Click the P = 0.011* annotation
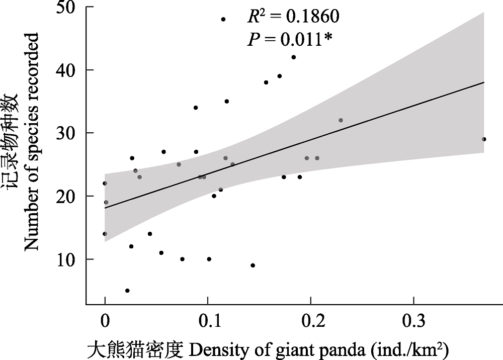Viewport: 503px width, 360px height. (289, 40)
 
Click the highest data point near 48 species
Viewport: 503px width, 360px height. (223, 19)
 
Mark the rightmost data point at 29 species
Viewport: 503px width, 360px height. (484, 139)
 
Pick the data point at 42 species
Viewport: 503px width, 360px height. (294, 57)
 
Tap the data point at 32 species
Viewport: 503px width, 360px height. (341, 120)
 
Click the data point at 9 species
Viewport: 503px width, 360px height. (253, 265)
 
